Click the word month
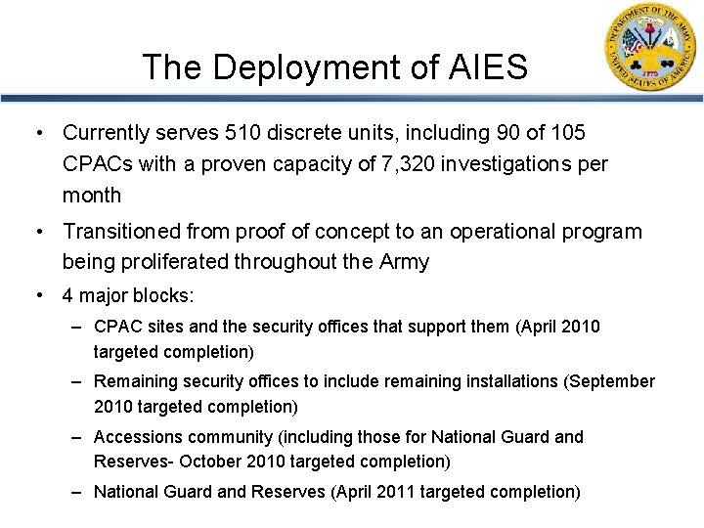tap(92, 196)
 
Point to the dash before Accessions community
tap(80, 436)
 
